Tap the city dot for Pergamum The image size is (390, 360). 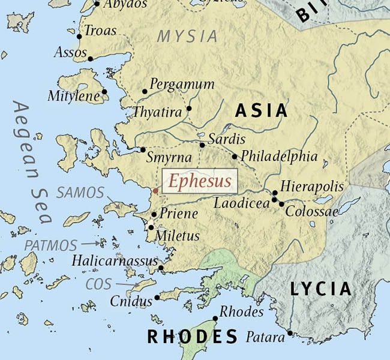coord(145,92)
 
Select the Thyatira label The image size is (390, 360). coord(157,112)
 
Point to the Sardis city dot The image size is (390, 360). coord(202,145)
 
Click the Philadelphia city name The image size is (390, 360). coord(279,157)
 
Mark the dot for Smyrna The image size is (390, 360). coord(143,149)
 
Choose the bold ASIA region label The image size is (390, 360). coord(261,111)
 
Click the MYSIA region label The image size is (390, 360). coord(187,37)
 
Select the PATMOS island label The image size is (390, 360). coord(50,245)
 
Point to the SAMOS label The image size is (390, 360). coord(80,193)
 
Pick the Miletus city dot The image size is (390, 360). coord(151,227)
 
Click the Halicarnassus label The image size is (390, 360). coord(114,261)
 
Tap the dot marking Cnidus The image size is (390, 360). coord(157,297)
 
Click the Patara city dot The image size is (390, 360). coord(290,333)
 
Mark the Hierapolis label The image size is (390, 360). coord(312,187)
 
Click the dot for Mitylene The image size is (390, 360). coord(104,92)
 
